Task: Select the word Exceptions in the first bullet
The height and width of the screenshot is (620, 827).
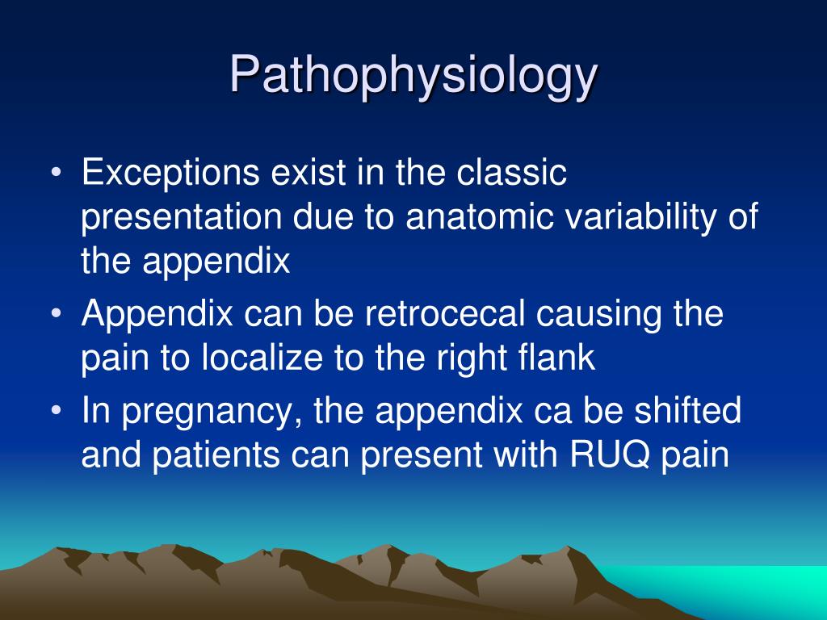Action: click(170, 173)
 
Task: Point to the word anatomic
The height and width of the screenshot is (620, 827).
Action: click(480, 216)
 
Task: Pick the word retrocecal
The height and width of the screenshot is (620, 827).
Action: click(445, 313)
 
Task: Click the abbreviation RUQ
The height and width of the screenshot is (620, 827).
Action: click(610, 455)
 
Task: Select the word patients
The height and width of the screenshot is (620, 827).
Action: click(216, 455)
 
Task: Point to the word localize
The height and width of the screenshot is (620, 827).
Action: click(262, 357)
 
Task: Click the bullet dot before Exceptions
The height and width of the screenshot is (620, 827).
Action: click(57, 173)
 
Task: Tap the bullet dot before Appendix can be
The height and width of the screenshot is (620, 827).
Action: click(57, 314)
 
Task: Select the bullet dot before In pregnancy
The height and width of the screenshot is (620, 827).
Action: click(57, 411)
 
